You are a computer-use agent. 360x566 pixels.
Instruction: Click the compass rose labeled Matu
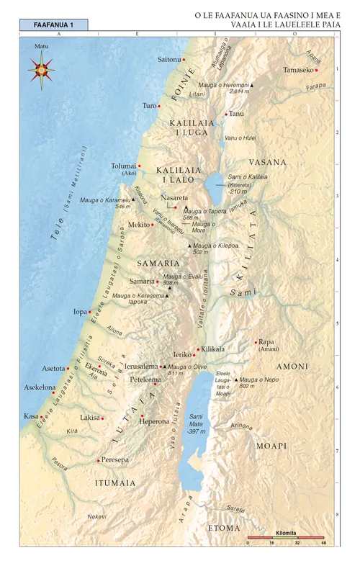(40, 70)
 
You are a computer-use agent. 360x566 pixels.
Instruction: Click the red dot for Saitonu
(184, 59)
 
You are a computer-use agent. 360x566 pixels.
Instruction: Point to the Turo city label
(149, 106)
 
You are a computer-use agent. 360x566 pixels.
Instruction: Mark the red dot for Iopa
(90, 312)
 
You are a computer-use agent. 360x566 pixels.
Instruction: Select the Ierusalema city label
(141, 366)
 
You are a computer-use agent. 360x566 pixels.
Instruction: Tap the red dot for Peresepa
(99, 459)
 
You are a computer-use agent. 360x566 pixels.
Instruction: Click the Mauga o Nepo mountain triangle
(235, 379)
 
